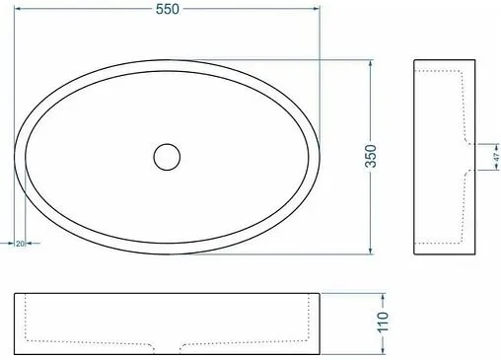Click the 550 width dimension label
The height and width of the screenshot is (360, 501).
pos(168,9)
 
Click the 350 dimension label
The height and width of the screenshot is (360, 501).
pos(371,156)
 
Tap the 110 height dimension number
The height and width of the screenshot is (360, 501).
pos(383,323)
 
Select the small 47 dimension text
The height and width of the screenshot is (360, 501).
pos(496,157)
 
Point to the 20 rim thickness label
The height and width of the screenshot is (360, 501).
pos(20,244)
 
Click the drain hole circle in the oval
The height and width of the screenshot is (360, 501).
pos(167,157)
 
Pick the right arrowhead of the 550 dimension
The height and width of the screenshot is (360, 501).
pos(316,9)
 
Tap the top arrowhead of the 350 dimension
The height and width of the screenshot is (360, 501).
pos(371,64)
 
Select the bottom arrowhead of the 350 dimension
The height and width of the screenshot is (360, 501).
pos(371,251)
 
